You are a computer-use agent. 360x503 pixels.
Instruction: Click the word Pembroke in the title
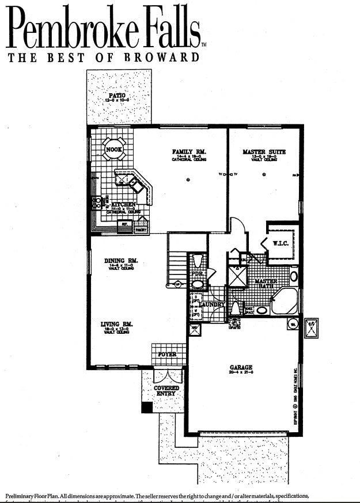tap(78, 29)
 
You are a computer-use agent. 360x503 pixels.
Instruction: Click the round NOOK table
tap(112, 151)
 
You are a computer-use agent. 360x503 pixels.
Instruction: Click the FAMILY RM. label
tap(189, 152)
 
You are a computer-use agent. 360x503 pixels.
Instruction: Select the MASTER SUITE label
tap(264, 152)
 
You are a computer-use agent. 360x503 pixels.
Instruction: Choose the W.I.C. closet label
tap(281, 243)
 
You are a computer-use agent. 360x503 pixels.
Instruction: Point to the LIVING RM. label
tap(117, 325)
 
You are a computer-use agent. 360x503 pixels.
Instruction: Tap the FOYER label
tap(167, 355)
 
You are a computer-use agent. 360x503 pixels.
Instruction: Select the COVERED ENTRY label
tap(166, 391)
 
